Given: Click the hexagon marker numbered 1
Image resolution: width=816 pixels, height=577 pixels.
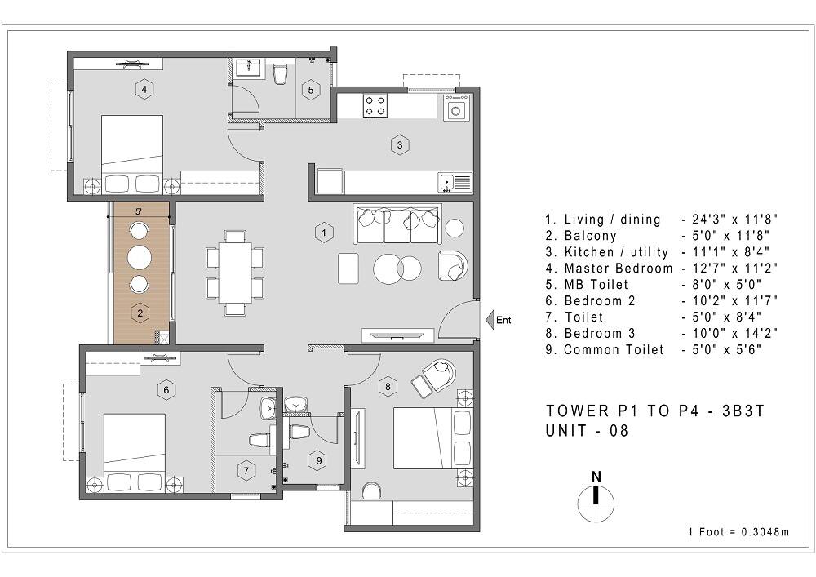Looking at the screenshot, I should click(x=324, y=233).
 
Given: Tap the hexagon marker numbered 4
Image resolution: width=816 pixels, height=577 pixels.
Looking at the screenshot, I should click(x=144, y=90).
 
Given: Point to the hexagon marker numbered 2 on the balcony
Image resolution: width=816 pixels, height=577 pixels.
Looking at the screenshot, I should click(x=140, y=312).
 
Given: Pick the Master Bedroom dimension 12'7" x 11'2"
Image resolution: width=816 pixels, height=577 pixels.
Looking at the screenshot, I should click(x=730, y=269).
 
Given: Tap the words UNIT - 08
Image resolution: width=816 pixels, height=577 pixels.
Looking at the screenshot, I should click(x=587, y=432).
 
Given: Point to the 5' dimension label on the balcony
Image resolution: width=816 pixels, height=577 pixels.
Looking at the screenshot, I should click(x=139, y=211).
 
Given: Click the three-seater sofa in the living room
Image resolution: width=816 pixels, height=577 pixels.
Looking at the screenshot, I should click(x=397, y=224).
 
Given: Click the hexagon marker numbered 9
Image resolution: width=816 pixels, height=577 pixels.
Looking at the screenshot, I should click(x=317, y=460).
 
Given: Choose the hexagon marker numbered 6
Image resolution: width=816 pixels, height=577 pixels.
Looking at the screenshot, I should click(x=166, y=390).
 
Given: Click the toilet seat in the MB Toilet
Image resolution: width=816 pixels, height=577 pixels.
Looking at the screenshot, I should click(x=281, y=76).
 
